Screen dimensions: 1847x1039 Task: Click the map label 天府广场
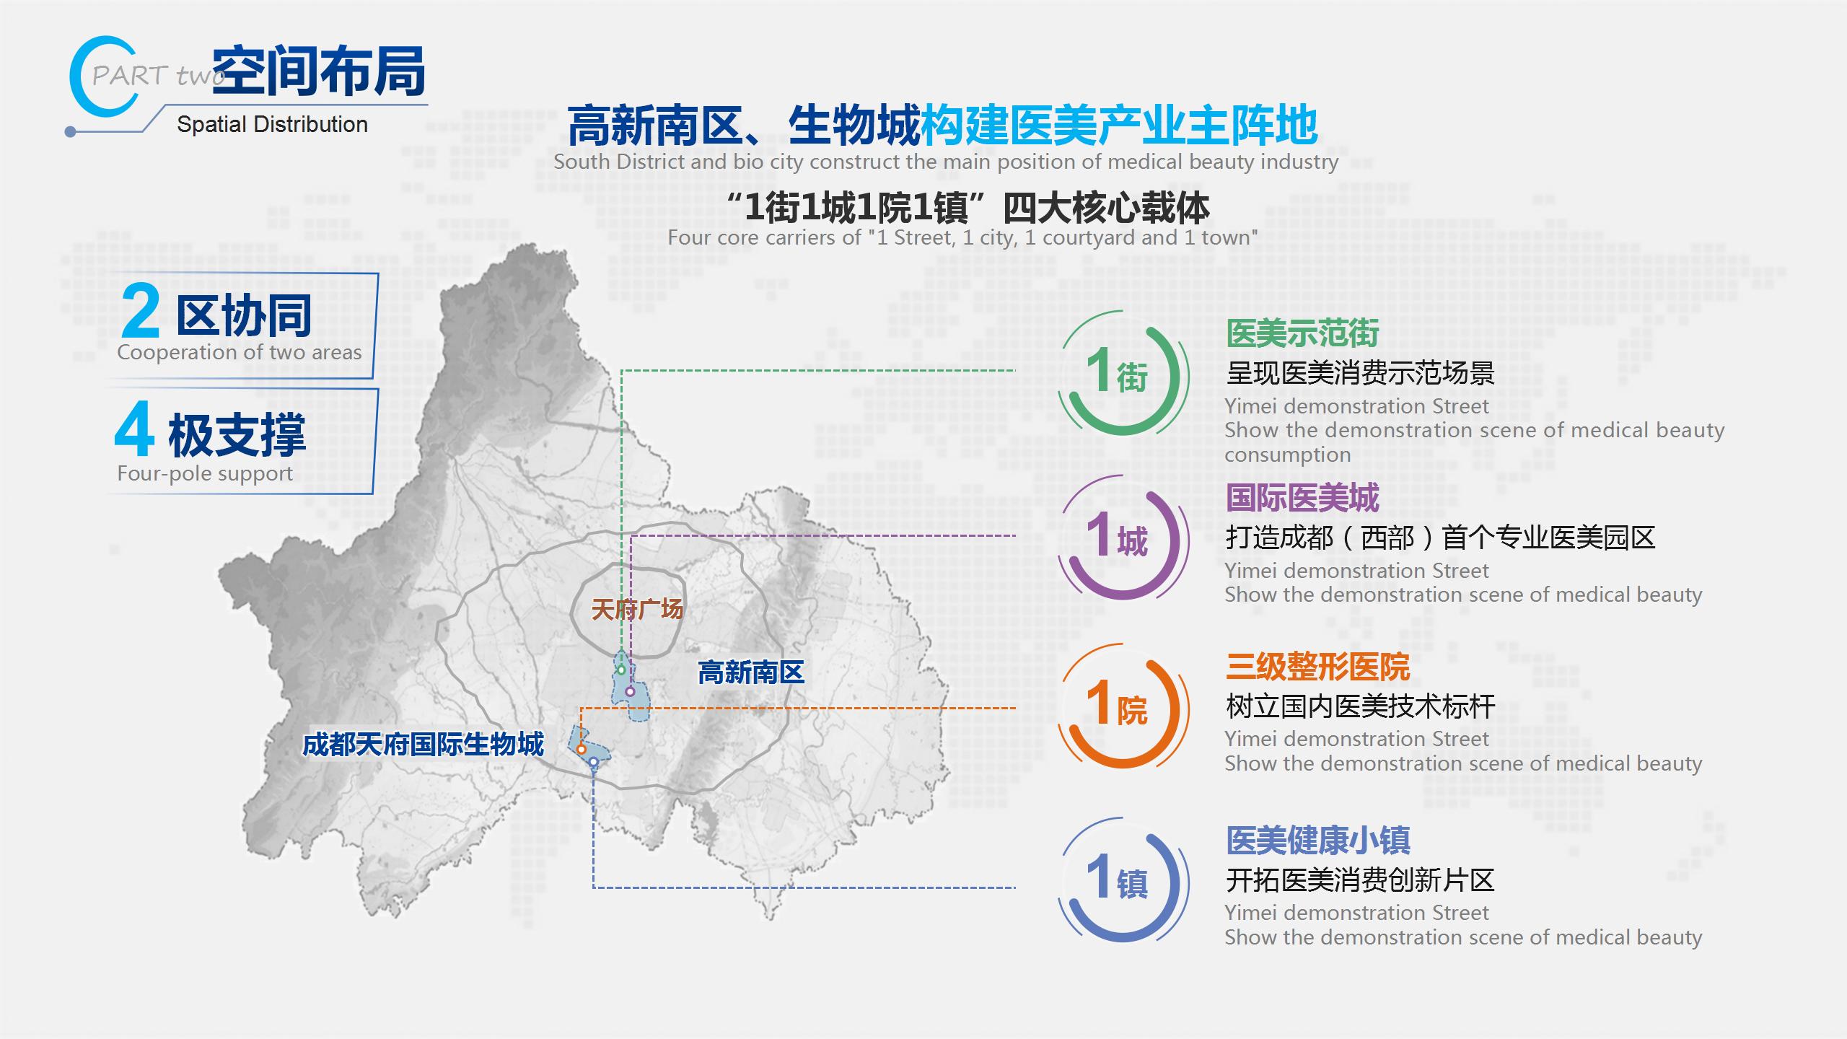(x=637, y=610)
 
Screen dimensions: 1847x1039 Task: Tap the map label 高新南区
(x=751, y=672)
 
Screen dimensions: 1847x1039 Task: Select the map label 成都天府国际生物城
(x=423, y=745)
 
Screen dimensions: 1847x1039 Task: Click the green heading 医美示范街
(x=1303, y=333)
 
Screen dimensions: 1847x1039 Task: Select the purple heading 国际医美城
(x=1303, y=498)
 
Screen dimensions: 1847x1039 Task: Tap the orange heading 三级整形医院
(x=1318, y=667)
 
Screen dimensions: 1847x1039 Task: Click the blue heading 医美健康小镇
(x=1318, y=840)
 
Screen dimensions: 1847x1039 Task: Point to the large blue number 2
(x=141, y=312)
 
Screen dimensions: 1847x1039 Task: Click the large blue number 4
(x=135, y=430)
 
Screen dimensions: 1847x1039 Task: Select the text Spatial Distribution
(x=272, y=125)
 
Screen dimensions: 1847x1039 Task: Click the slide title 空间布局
(x=319, y=71)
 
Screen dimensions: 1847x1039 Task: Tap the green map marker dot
(x=621, y=670)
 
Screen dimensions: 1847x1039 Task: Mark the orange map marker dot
(x=581, y=750)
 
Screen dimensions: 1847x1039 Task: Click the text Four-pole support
(x=205, y=473)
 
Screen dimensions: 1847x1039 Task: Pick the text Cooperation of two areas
(x=240, y=352)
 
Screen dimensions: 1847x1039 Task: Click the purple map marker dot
(x=630, y=692)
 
